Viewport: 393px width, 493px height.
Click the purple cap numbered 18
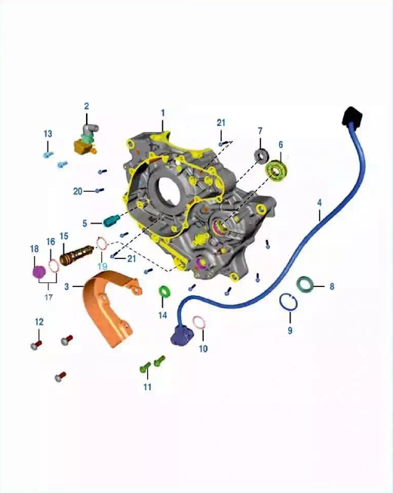coord(39,271)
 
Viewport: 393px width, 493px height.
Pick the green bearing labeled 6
coord(277,171)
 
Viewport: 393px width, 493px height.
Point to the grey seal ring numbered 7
coord(261,156)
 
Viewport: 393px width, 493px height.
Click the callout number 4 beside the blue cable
coord(319,203)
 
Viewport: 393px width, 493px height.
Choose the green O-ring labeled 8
coord(305,284)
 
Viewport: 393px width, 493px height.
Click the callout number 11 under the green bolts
coord(147,387)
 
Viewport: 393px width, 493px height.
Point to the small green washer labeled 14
coord(164,291)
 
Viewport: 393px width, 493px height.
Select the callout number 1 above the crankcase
coord(163,112)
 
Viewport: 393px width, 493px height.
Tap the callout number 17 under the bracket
coord(48,297)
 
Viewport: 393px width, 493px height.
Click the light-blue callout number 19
coord(103,267)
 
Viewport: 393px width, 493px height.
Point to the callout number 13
coord(48,134)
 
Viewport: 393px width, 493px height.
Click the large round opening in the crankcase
coord(170,189)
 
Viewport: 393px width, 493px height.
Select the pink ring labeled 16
coord(54,266)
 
